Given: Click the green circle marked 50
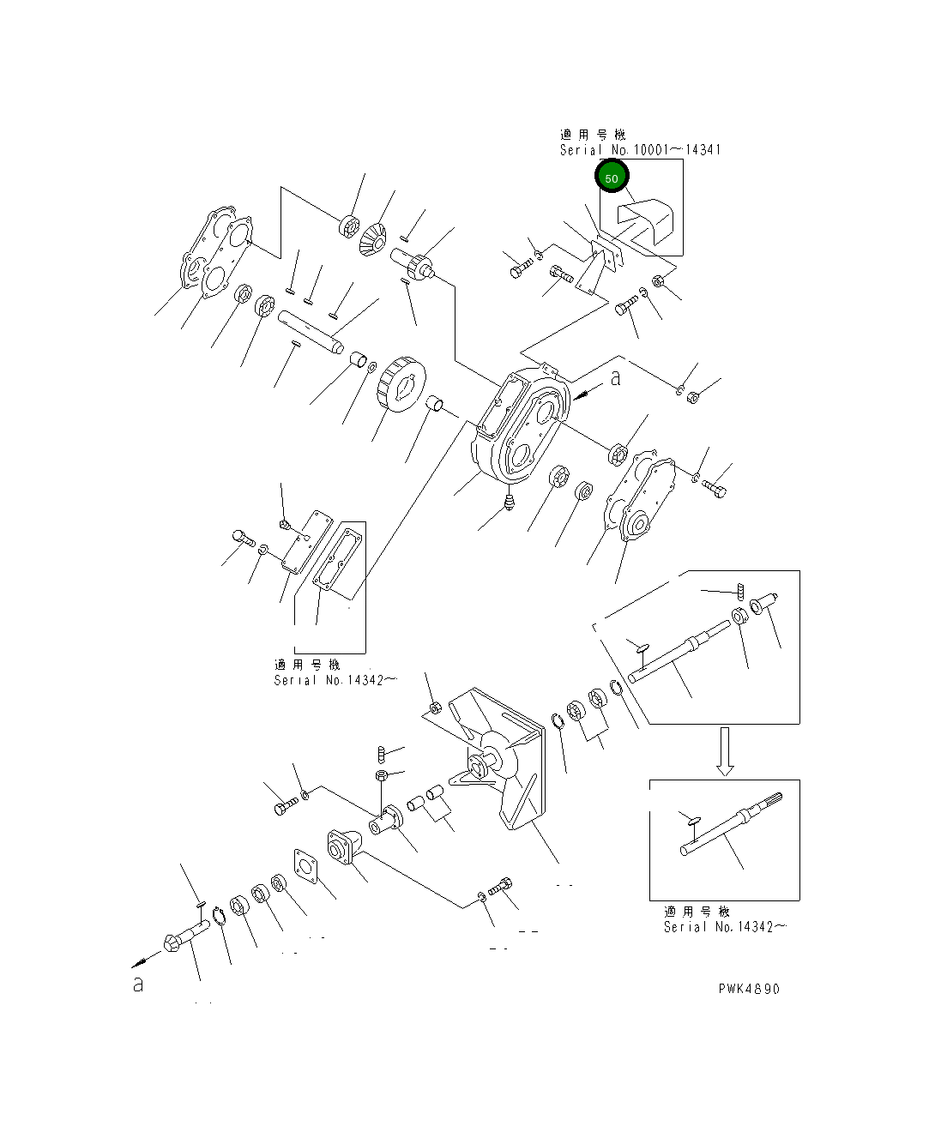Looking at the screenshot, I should click(x=612, y=178).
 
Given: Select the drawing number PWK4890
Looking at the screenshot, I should click(x=749, y=989).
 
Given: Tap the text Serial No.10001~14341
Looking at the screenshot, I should click(x=640, y=150).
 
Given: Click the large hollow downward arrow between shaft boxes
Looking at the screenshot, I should click(x=725, y=751).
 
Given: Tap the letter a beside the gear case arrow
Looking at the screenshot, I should click(x=615, y=378).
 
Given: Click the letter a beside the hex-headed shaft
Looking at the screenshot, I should click(x=138, y=984).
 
